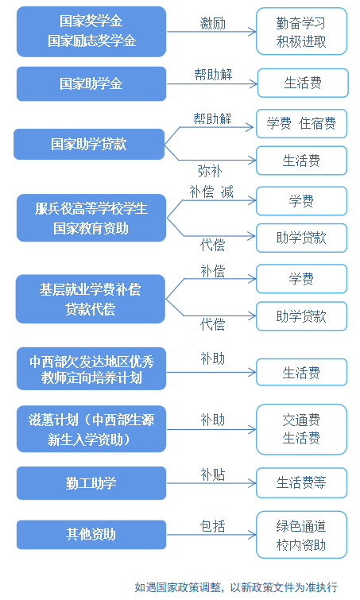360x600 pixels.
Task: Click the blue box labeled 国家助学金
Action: click(91, 83)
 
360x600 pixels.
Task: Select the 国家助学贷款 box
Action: click(89, 145)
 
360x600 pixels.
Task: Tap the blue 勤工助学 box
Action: click(91, 483)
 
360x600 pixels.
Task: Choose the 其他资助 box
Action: click(91, 535)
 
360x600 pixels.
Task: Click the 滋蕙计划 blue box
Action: click(91, 429)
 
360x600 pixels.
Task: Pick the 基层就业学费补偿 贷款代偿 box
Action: click(91, 299)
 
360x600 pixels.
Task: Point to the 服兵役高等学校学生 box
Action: click(91, 218)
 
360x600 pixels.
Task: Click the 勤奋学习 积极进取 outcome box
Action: click(301, 31)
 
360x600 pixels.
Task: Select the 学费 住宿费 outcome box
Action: click(301, 124)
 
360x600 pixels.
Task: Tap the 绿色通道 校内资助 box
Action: click(301, 535)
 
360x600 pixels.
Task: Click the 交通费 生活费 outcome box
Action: click(301, 429)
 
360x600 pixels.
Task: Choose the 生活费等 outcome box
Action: click(301, 483)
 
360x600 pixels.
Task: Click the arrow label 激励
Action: click(213, 24)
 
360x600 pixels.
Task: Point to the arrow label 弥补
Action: click(210, 171)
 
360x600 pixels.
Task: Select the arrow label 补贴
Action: click(213, 475)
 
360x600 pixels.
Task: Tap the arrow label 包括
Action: click(213, 527)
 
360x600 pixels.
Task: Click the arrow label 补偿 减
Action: click(211, 192)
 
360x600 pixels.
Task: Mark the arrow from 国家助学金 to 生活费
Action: click(212, 83)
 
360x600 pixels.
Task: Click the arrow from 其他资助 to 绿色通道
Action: click(211, 535)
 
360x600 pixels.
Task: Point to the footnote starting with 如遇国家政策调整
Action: click(236, 587)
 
